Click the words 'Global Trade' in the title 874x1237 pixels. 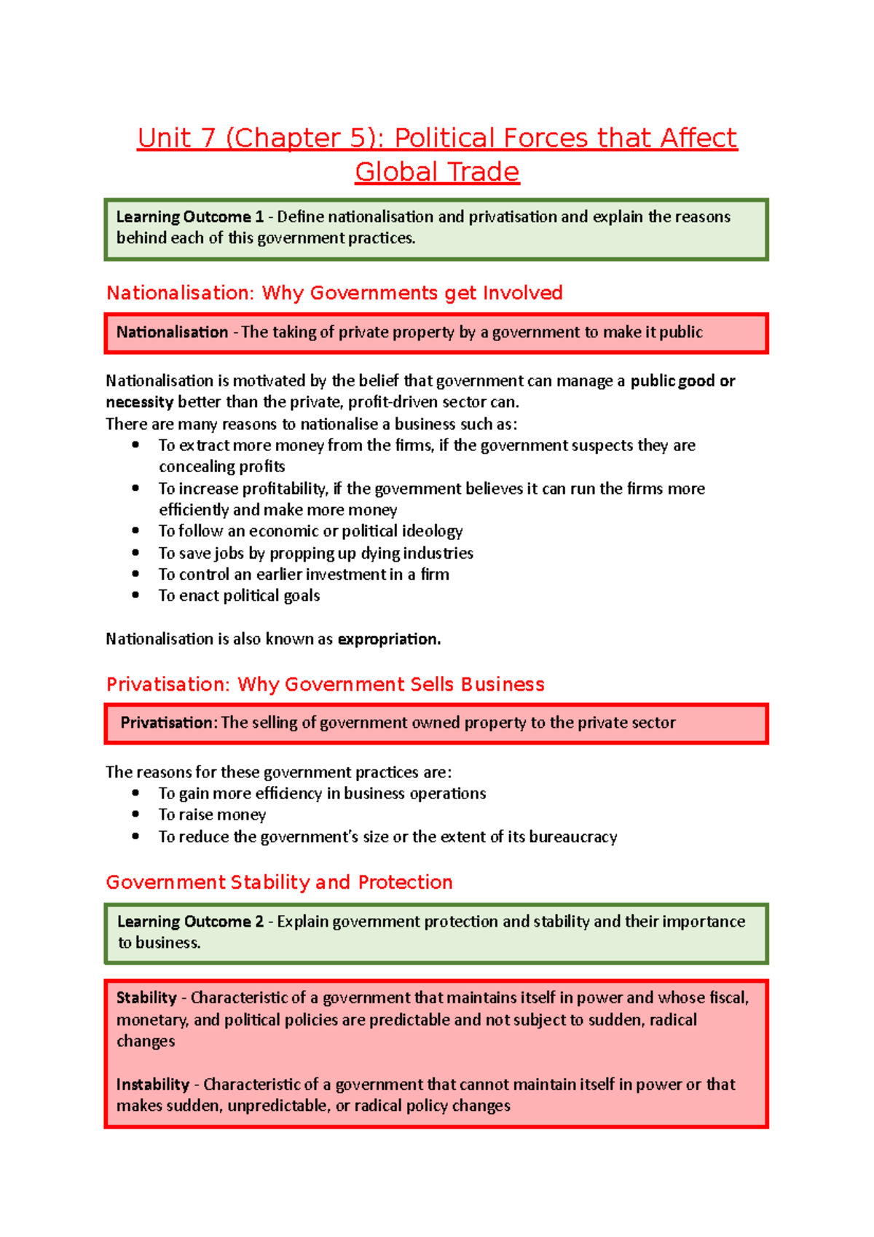point(437,172)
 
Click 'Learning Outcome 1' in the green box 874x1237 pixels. point(189,217)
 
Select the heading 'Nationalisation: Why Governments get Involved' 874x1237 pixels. point(334,293)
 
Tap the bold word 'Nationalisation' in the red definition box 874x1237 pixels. point(172,332)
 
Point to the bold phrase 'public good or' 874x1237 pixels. point(682,381)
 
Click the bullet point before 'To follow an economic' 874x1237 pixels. point(135,531)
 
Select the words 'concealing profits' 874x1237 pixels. point(222,466)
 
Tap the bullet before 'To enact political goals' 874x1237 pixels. point(135,595)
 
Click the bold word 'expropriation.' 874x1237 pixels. point(389,639)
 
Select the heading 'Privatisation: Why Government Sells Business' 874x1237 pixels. point(325,684)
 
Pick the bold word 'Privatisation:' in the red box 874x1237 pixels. point(168,723)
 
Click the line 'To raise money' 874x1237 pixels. point(212,814)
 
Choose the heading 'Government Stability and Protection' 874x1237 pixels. point(279,882)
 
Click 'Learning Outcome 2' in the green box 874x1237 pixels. point(190,922)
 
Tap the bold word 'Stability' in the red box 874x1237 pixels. point(146,998)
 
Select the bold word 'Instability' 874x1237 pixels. point(152,1084)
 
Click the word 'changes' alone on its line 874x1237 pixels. point(146,1041)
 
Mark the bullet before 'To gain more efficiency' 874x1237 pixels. point(135,793)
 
